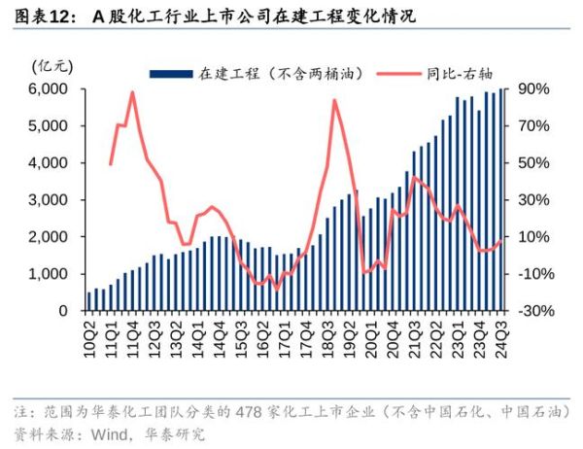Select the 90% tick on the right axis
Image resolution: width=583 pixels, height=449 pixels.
click(535, 89)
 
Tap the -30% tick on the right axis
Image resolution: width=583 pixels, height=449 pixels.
click(535, 311)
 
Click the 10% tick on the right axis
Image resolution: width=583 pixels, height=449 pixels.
click(535, 237)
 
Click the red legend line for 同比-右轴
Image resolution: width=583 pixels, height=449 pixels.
click(396, 74)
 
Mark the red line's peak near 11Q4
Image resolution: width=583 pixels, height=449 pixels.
click(131, 92)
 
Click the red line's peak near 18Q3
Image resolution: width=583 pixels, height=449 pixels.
click(334, 99)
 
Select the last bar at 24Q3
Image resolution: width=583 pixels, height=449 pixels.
click(502, 199)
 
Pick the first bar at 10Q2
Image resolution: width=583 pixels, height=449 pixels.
click(89, 301)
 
